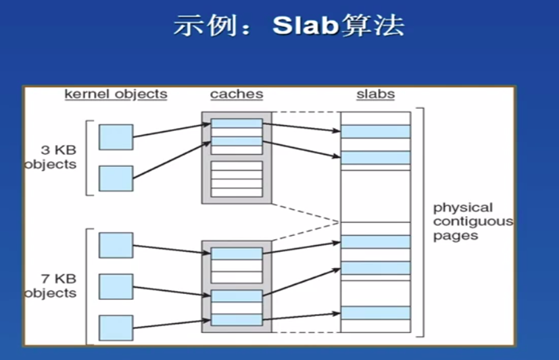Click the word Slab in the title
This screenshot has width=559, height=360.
[x=303, y=26]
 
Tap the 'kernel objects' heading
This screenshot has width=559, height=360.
[x=116, y=94]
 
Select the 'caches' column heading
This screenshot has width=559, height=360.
[x=237, y=94]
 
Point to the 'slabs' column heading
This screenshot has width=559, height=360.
[x=375, y=94]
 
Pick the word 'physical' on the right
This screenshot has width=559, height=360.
[x=463, y=207]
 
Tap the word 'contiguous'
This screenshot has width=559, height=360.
[x=472, y=222]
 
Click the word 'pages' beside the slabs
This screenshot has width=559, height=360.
[x=456, y=236]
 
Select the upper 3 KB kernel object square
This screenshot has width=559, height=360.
[x=116, y=136]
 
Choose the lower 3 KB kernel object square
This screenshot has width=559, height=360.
[x=116, y=178]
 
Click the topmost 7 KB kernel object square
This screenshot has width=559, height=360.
[x=116, y=245]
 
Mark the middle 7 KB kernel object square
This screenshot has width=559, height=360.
[x=116, y=286]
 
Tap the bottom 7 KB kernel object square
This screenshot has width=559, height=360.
[x=116, y=328]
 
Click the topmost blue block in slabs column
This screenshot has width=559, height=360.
[x=375, y=131]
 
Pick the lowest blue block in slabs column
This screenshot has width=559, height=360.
[x=375, y=313]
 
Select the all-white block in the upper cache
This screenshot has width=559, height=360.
[x=237, y=178]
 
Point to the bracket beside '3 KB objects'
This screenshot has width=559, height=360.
[x=87, y=157]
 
